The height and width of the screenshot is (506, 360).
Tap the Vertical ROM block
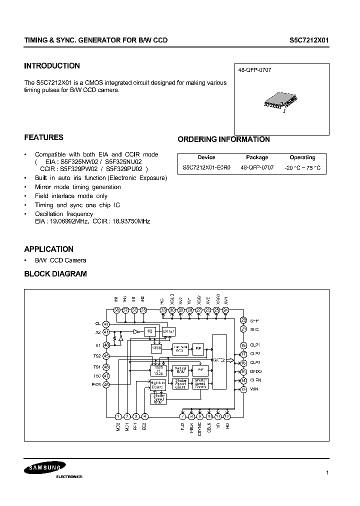click(x=180, y=370)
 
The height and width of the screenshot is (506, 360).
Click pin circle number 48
click(x=106, y=384)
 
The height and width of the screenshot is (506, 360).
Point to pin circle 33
click(x=163, y=310)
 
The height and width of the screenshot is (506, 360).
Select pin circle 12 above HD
click(x=226, y=416)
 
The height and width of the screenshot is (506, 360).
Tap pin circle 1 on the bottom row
click(x=118, y=416)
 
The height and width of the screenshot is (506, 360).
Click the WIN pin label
click(x=254, y=389)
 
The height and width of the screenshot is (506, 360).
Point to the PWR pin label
click(x=96, y=384)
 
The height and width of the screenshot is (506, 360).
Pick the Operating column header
click(x=302, y=157)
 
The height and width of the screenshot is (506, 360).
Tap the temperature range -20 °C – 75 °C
click(x=302, y=168)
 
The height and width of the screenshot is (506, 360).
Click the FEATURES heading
click(x=44, y=137)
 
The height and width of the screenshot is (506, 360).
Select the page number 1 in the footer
click(x=326, y=473)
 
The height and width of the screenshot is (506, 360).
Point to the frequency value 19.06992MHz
click(x=69, y=220)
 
